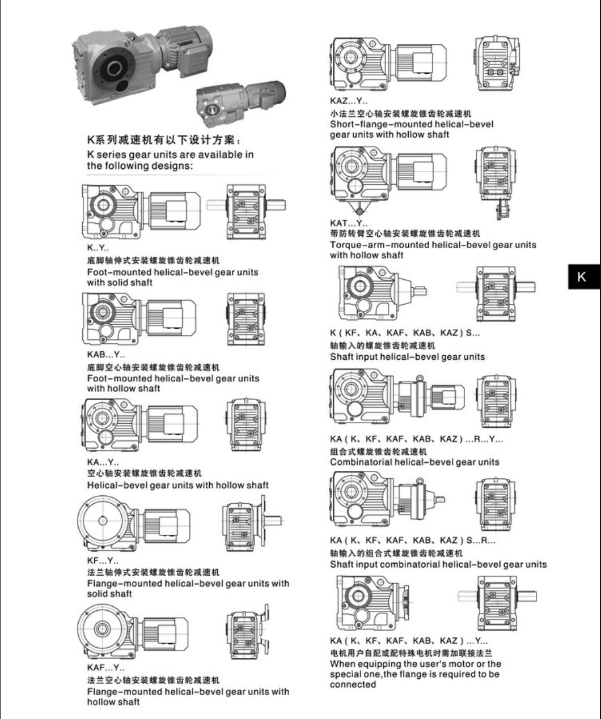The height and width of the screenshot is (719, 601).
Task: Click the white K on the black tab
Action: [581, 277]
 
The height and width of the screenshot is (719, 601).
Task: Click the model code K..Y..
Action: [98, 248]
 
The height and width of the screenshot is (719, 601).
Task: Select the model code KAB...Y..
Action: [106, 355]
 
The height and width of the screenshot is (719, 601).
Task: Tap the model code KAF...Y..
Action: [106, 667]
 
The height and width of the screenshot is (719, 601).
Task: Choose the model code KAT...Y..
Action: [349, 223]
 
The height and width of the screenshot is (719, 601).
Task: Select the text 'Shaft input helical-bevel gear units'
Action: [407, 357]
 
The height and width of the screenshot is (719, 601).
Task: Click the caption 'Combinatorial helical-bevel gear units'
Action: [414, 462]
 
